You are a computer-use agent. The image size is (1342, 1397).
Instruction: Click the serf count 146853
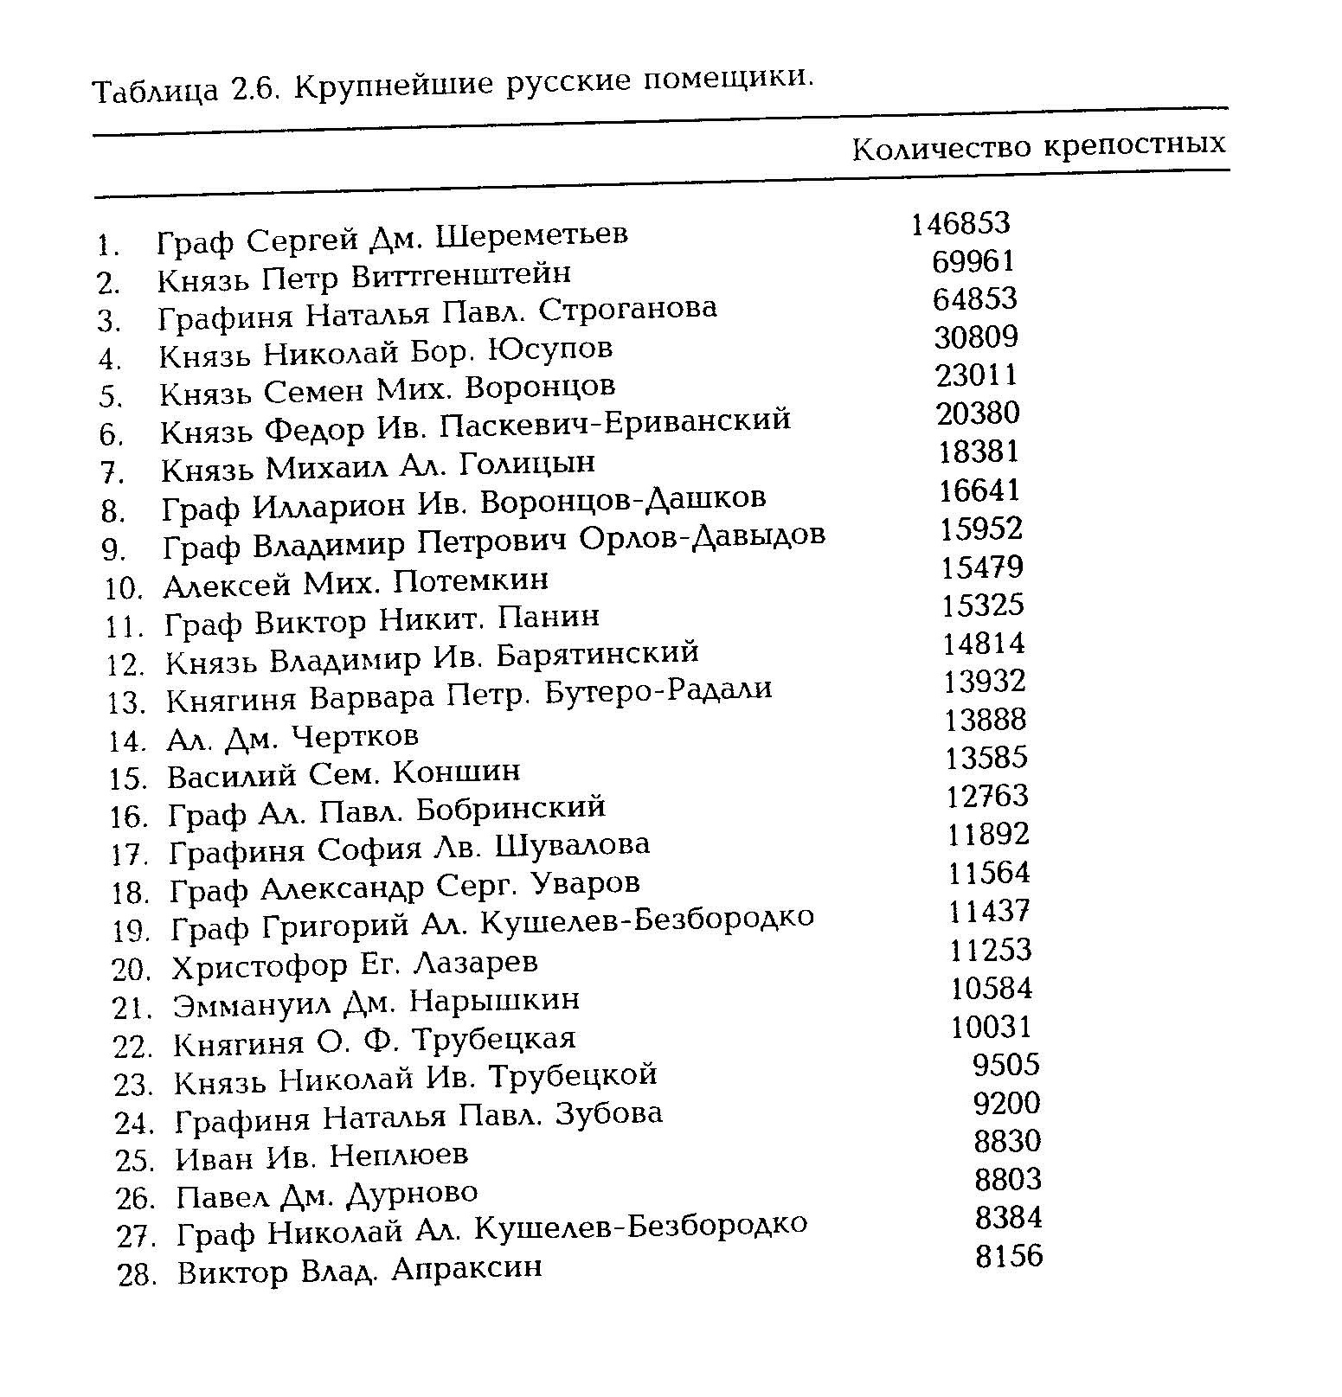(960, 224)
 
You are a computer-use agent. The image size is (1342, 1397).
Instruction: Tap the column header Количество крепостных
(1038, 147)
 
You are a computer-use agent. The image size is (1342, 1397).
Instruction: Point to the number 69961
(973, 261)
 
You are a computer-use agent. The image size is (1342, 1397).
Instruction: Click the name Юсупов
(550, 349)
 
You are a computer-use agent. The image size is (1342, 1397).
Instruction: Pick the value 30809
(976, 336)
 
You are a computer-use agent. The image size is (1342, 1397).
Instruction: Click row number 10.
(123, 589)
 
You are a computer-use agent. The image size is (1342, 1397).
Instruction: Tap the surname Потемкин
(471, 580)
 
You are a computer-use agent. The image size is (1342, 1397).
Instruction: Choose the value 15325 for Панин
(983, 605)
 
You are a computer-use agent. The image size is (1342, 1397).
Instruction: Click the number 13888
(986, 720)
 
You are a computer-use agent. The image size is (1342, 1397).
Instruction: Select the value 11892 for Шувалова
(988, 835)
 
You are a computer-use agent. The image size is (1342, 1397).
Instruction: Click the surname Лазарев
(476, 963)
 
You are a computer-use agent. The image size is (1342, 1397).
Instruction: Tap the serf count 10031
(992, 1027)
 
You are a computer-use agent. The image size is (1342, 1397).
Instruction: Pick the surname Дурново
(411, 1195)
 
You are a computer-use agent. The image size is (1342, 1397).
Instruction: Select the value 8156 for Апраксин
(1009, 1256)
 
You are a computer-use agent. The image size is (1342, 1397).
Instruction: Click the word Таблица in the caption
(155, 90)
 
